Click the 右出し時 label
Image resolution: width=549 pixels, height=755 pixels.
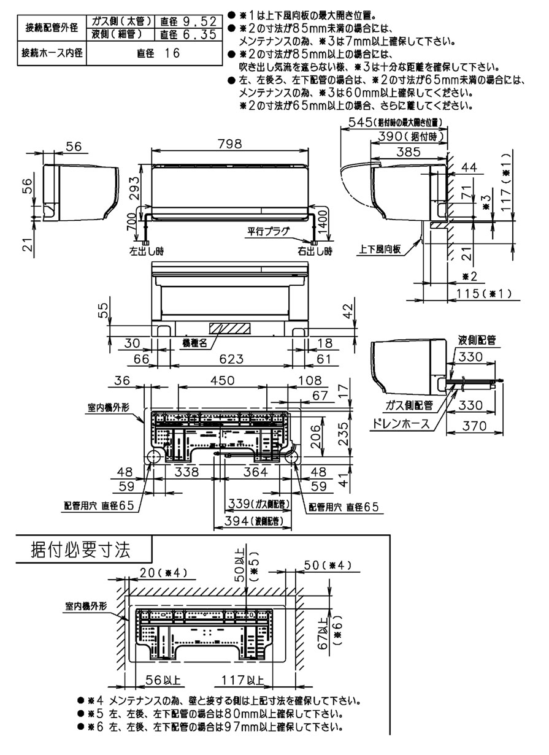point(315,251)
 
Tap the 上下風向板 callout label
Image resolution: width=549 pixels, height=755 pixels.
point(380,250)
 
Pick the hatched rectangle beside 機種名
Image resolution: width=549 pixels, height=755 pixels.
point(232,328)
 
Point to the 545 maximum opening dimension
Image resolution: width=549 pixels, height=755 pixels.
point(358,122)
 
